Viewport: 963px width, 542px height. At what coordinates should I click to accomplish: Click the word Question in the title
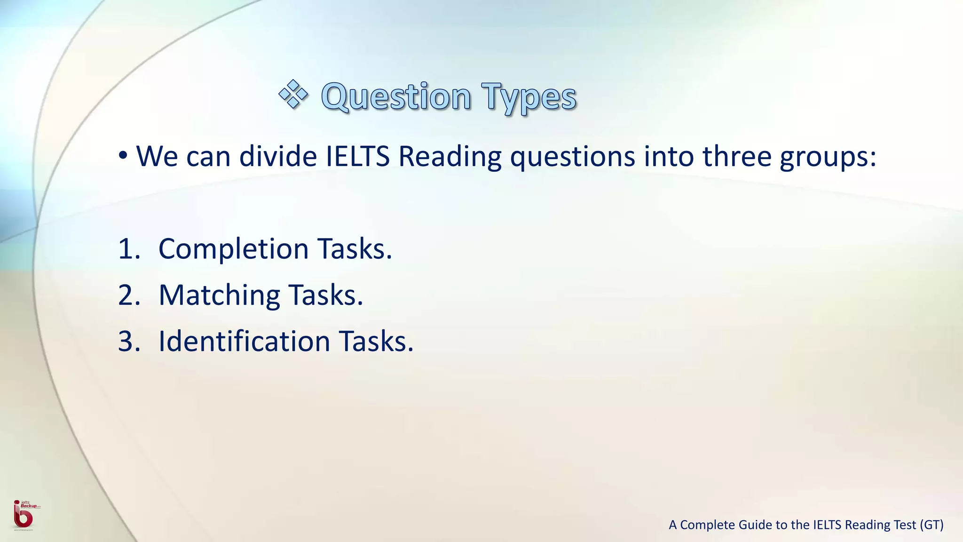396,97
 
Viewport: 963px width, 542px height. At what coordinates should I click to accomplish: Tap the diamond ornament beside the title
293,94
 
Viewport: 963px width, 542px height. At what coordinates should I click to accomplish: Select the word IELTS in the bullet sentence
357,156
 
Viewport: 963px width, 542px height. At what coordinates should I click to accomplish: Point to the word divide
278,156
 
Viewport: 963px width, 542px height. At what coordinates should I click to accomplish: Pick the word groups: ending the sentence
828,157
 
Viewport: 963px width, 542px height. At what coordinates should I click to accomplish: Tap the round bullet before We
123,155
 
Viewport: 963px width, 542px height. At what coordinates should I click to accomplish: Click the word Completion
233,249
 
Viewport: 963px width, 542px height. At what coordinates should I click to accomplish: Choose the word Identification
244,341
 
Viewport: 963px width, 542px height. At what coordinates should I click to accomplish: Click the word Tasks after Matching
325,295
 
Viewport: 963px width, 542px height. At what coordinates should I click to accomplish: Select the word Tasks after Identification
376,341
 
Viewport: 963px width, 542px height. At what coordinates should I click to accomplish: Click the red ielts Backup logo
24,515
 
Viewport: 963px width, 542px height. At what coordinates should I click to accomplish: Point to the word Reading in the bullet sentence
450,157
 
